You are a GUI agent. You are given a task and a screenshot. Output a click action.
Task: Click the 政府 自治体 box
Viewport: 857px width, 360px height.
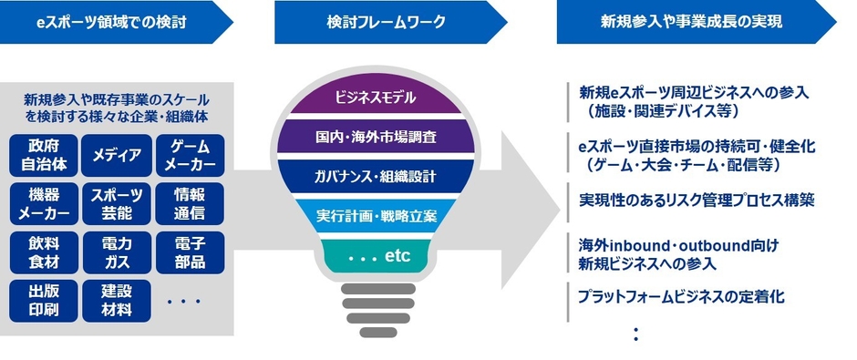44,155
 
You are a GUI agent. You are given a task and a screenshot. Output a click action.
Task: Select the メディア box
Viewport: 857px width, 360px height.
117,155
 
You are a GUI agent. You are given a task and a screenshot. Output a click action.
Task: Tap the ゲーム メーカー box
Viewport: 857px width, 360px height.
190,155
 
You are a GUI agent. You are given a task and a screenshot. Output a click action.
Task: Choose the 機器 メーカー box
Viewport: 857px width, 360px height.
44,204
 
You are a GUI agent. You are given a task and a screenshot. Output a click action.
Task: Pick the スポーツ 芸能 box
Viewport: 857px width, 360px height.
117,204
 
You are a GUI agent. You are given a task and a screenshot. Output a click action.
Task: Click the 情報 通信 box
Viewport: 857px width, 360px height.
190,204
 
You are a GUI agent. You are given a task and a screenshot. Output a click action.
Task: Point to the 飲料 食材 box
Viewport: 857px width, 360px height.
44,252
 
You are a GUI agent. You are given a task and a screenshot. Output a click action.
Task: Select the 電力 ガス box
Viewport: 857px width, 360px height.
117,252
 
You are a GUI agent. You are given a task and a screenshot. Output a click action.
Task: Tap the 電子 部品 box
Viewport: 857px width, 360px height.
190,252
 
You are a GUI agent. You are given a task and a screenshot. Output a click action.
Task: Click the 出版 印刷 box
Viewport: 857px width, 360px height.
44,301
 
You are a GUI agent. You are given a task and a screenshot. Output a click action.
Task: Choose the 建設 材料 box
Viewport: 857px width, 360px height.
117,301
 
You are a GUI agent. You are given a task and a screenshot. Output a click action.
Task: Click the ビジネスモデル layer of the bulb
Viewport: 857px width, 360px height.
376,98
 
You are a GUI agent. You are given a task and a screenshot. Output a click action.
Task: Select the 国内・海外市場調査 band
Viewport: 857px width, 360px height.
376,136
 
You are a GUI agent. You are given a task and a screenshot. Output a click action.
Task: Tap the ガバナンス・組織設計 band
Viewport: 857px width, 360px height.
376,176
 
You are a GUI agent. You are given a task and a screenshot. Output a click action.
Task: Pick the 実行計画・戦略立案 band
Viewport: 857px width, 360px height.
376,216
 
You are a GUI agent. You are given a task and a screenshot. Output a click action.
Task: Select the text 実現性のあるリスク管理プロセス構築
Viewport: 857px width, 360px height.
697,200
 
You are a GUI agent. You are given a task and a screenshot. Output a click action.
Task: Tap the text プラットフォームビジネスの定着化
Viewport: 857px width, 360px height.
682,296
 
